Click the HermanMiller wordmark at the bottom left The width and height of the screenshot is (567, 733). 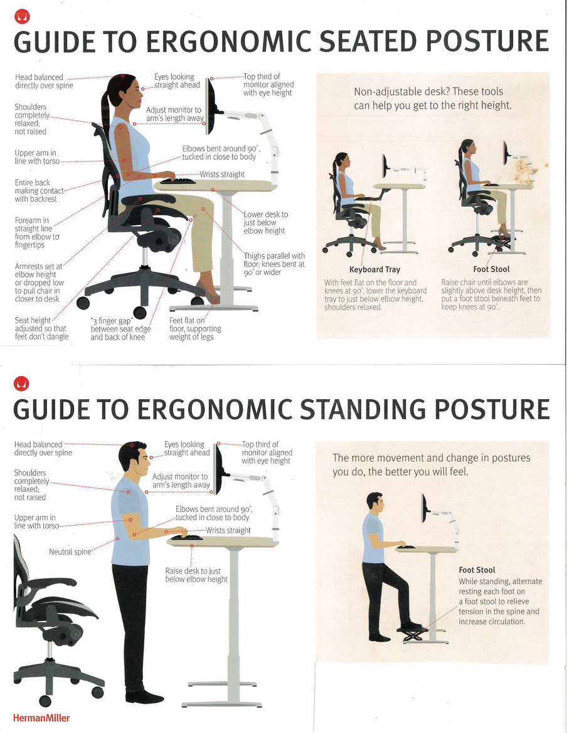coord(41,717)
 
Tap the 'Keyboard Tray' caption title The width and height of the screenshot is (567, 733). coord(374,269)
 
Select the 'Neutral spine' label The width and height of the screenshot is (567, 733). coord(70,552)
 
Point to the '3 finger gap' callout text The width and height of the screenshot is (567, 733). coord(120,329)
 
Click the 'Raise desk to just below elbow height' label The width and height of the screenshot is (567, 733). coord(196,575)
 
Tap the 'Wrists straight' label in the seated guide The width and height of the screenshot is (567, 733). coord(222,174)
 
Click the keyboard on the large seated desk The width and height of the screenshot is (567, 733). coord(178,181)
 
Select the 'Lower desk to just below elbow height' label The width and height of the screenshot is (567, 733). coord(265,222)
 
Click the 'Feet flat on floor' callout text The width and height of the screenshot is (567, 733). coord(195,329)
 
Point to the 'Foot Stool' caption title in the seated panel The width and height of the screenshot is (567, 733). coord(491,269)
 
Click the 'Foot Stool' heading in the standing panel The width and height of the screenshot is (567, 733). coord(477,570)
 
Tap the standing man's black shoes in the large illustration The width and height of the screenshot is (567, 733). coord(144,697)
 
